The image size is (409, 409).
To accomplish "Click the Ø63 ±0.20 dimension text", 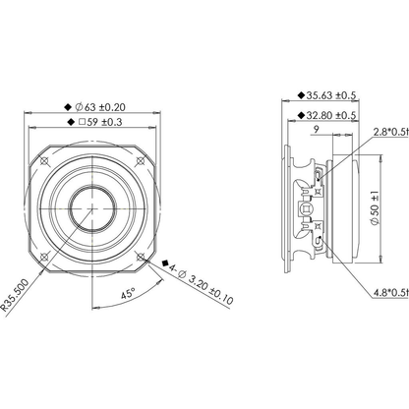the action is (x=100, y=107).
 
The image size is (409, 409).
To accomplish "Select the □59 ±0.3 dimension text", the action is (x=100, y=122).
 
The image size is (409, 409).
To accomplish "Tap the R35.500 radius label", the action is (x=15, y=295).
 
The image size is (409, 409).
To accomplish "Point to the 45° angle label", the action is (x=128, y=294).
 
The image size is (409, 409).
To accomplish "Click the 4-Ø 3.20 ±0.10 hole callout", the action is (x=201, y=283).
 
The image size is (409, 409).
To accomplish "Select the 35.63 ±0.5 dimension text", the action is (x=331, y=95).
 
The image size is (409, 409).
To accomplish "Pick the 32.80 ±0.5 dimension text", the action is (x=331, y=115).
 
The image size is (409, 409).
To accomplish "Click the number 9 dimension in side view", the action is (x=316, y=130).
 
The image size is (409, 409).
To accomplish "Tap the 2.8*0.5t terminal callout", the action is (x=391, y=132).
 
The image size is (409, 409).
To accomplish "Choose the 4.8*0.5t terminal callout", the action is (x=391, y=292).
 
